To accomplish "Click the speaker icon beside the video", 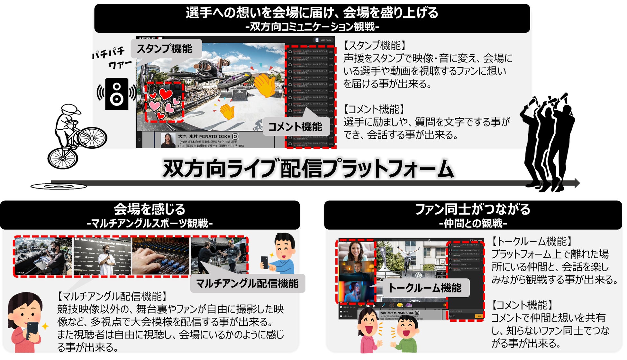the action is [x=117, y=94].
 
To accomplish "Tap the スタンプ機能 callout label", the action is [x=165, y=49].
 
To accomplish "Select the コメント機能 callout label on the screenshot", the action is [x=295, y=127].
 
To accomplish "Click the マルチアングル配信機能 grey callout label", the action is [x=247, y=283].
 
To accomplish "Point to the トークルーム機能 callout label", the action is [x=425, y=288].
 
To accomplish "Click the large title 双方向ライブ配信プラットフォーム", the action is [x=308, y=168].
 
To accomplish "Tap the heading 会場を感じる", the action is [x=150, y=209].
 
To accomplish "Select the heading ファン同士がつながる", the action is [x=473, y=209].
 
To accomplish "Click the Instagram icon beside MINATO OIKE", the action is [x=235, y=136].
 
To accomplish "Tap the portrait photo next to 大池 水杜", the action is [x=168, y=140].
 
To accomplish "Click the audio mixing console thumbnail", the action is [x=161, y=256].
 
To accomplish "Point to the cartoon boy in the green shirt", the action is [x=406, y=335].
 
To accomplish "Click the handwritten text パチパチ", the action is [x=108, y=52].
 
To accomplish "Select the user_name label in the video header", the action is [x=326, y=40].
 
